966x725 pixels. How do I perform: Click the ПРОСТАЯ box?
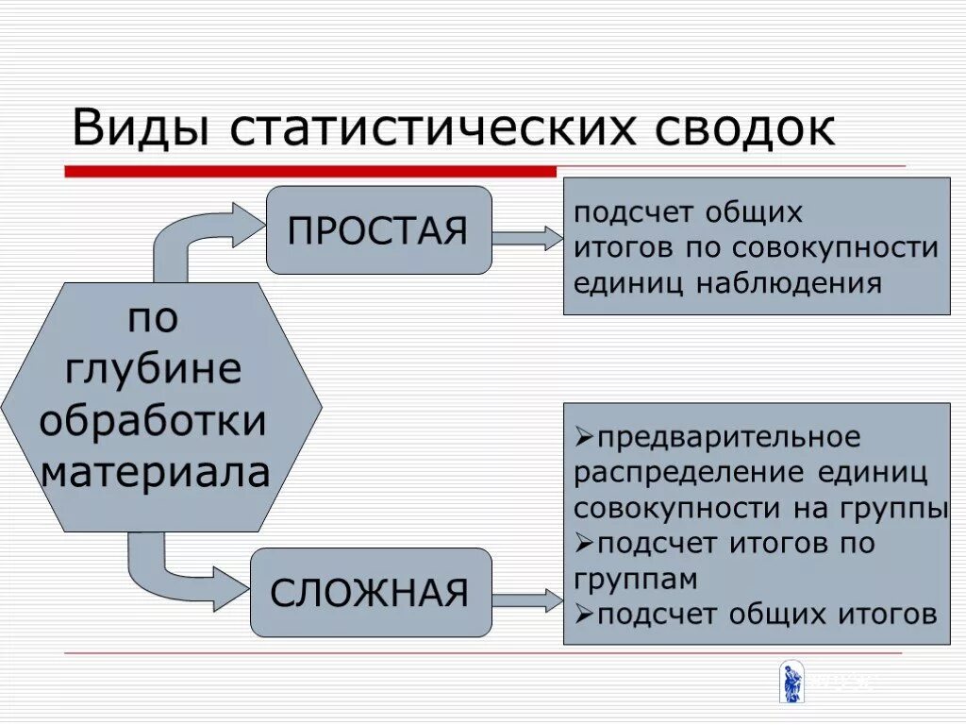[x=378, y=230]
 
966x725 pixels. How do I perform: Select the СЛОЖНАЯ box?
[x=371, y=593]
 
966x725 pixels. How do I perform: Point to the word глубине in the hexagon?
[x=153, y=368]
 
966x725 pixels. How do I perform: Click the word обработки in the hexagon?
[x=153, y=420]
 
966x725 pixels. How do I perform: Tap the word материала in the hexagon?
[x=155, y=471]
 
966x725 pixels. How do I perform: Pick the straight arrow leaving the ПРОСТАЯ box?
[x=527, y=238]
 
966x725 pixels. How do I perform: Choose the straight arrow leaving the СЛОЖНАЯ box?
[x=527, y=599]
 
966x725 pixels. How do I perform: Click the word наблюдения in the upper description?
[x=791, y=283]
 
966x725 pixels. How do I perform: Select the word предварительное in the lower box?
[x=728, y=438]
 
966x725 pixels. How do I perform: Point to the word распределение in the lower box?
[x=676, y=472]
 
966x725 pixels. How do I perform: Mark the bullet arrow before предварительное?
[x=584, y=438]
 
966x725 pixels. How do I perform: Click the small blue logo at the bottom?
[x=791, y=683]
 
